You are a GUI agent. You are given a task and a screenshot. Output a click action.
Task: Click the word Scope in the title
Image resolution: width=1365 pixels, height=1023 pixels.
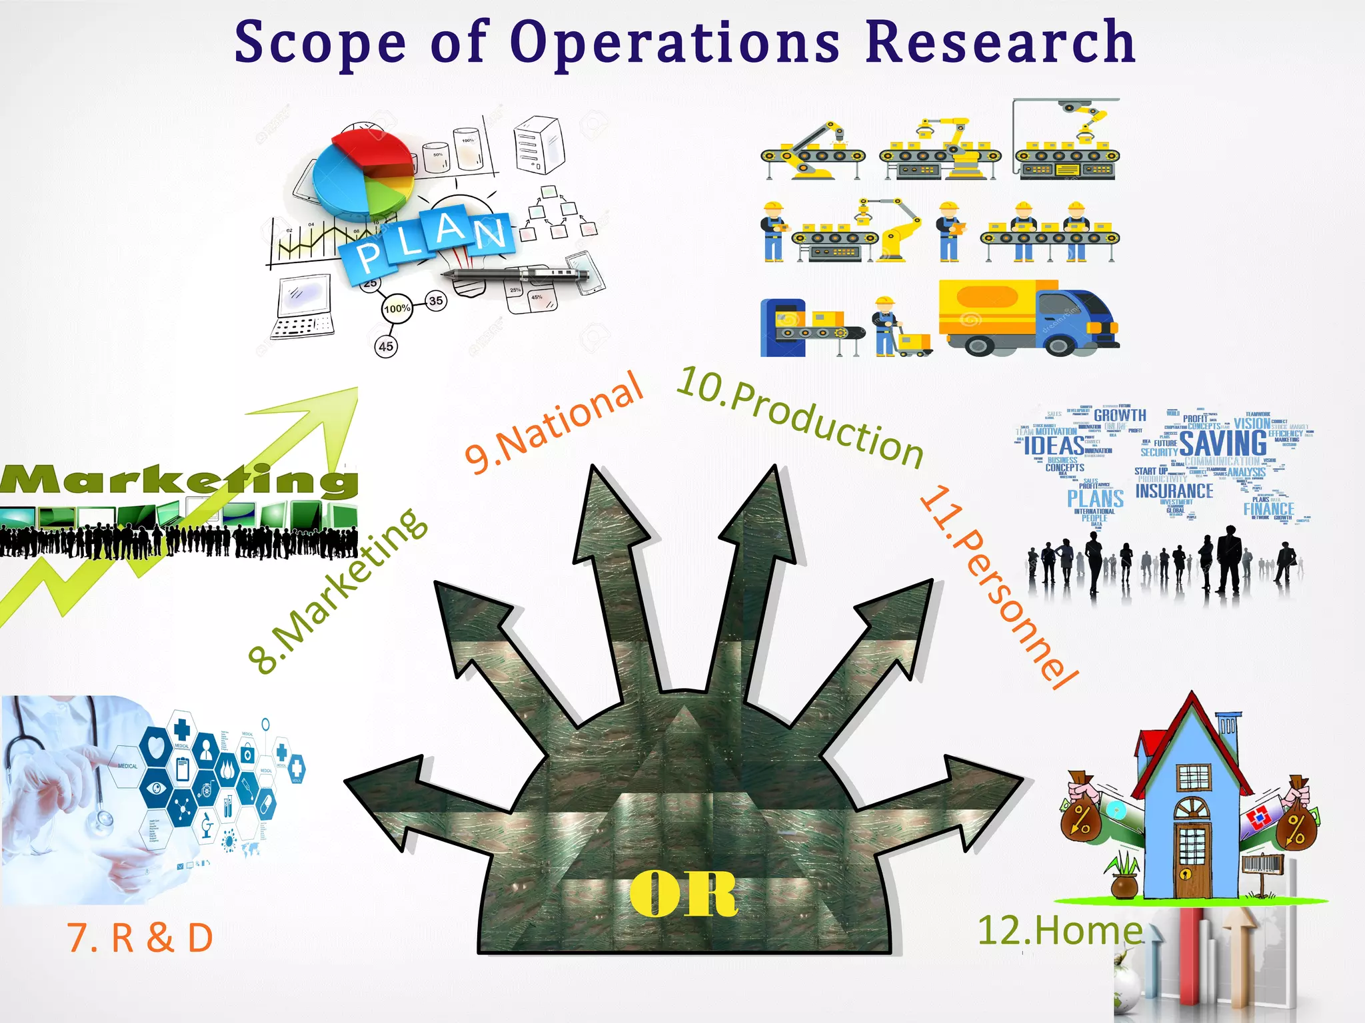320,43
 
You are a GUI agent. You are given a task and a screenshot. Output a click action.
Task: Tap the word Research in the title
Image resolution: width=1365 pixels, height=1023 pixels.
1000,42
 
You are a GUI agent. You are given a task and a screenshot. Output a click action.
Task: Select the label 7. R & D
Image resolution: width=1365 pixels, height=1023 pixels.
140,938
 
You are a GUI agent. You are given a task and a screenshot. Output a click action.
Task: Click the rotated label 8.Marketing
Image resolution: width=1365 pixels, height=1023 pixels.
337,591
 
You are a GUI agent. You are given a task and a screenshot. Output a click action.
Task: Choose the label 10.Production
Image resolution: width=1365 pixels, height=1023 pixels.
800,416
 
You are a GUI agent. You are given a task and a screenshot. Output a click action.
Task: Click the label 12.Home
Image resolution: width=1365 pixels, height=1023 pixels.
1060,930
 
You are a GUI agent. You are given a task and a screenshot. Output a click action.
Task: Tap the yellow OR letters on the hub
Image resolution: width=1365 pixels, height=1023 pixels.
683,894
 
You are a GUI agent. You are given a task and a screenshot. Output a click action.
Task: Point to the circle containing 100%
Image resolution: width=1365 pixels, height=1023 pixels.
397,308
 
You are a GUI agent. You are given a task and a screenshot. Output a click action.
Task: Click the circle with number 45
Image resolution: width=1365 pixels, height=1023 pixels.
386,346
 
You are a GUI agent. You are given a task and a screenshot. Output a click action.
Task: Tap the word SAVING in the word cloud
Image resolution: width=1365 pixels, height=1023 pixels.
1223,444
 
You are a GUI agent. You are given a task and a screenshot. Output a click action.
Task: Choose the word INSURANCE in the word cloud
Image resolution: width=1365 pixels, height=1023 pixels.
1174,492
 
